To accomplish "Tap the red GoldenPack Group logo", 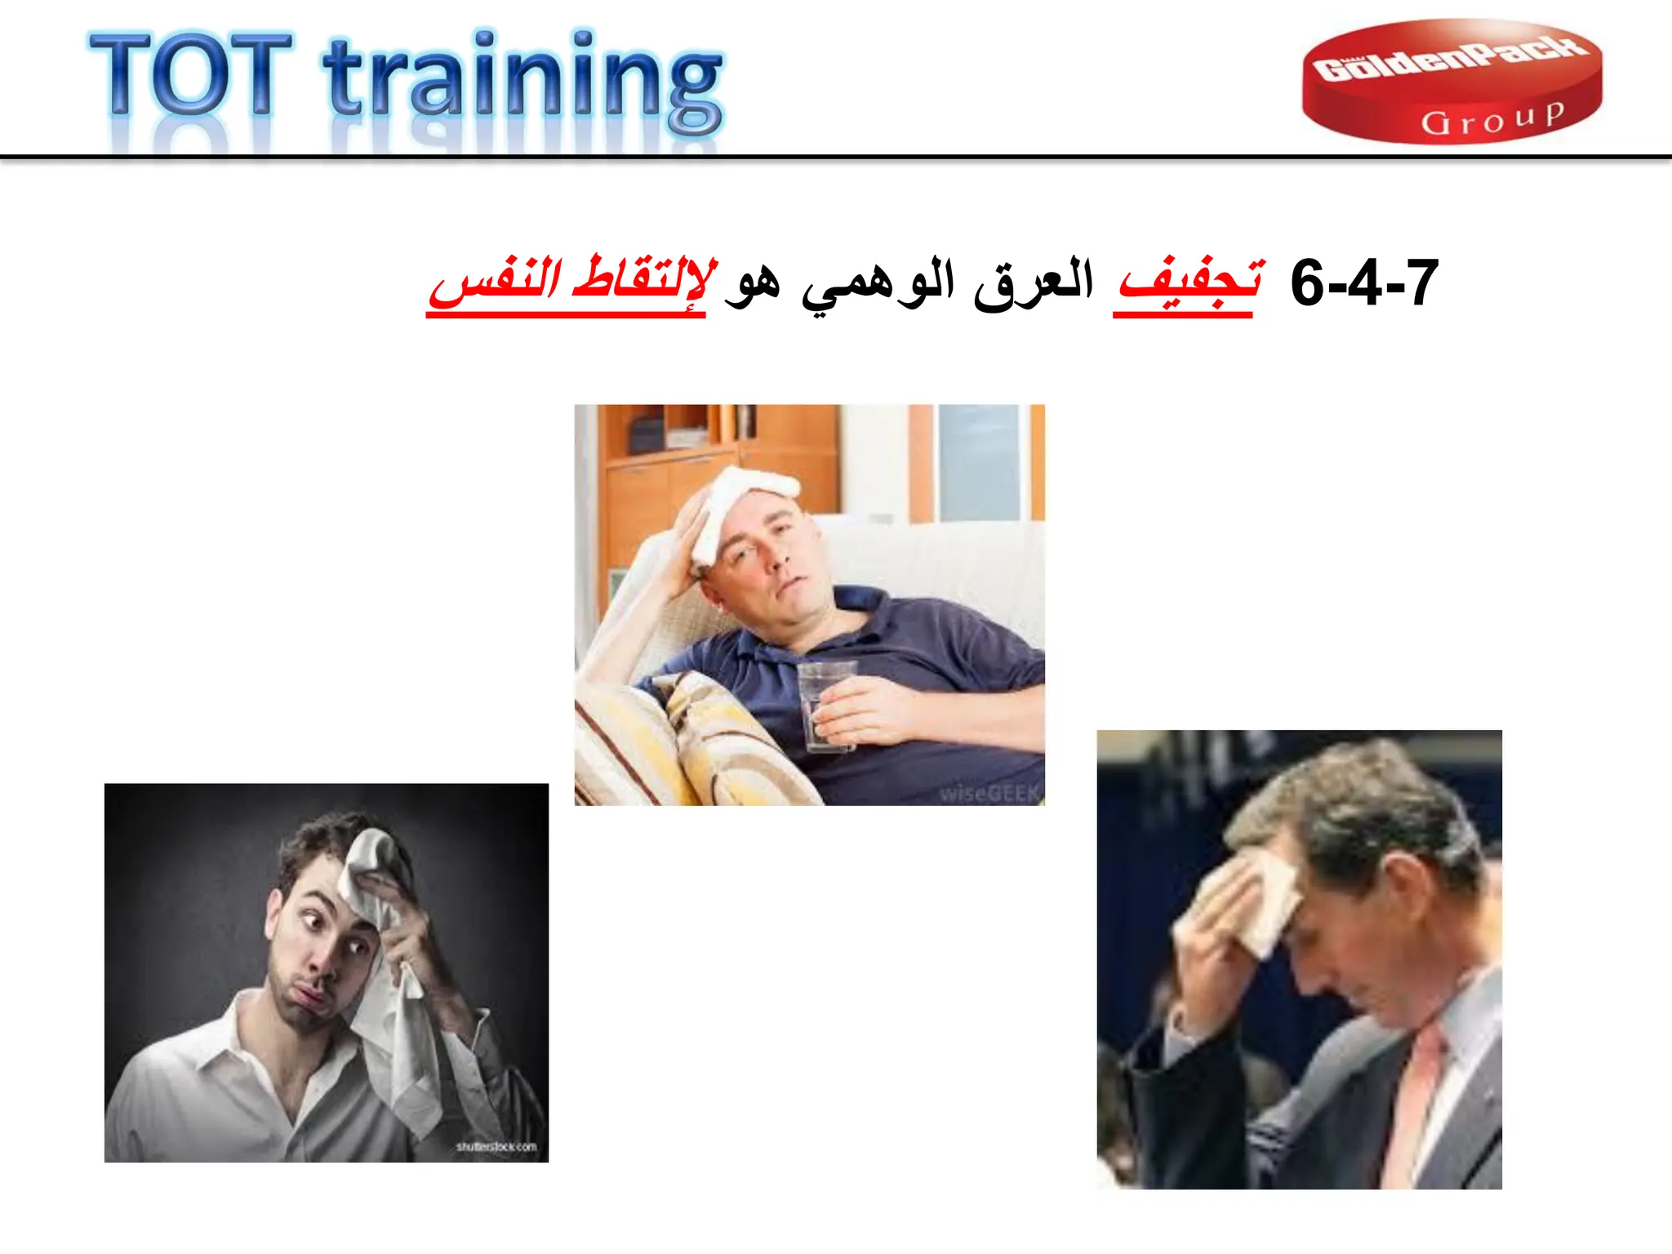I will tap(1451, 82).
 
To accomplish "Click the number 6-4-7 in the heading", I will tap(1363, 283).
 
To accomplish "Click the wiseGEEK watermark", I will tap(989, 793).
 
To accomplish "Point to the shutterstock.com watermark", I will tap(496, 1146).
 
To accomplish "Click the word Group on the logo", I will tap(1492, 119).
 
